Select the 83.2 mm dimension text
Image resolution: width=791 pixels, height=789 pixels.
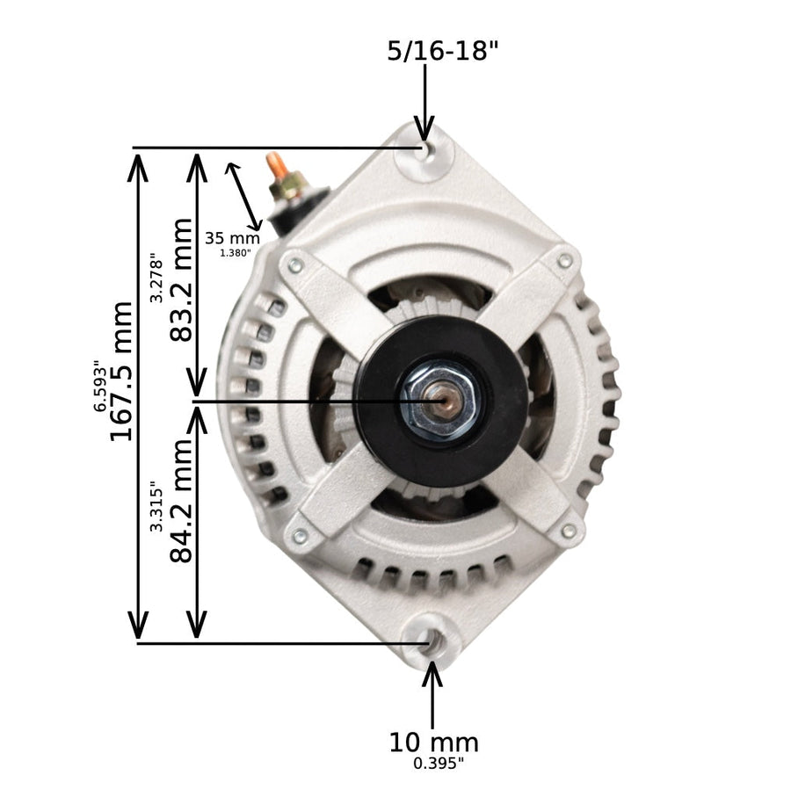tap(181, 280)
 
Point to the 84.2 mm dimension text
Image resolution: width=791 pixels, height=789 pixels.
tap(181, 502)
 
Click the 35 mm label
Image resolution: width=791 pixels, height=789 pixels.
tap(233, 237)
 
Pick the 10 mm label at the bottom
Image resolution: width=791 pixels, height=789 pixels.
tap(434, 742)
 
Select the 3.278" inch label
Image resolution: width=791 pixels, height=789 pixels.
tap(156, 278)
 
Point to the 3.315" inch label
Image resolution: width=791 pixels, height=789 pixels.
tap(156, 505)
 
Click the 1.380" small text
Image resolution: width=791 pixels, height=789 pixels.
tap(236, 253)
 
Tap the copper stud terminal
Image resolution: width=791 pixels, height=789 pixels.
tap(276, 165)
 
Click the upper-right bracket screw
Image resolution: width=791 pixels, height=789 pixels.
tap(564, 261)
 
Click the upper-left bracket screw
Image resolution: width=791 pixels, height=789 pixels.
tap(295, 264)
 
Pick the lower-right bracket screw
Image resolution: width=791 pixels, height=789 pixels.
tap(569, 531)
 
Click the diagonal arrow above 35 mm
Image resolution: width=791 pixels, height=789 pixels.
tap(244, 195)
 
